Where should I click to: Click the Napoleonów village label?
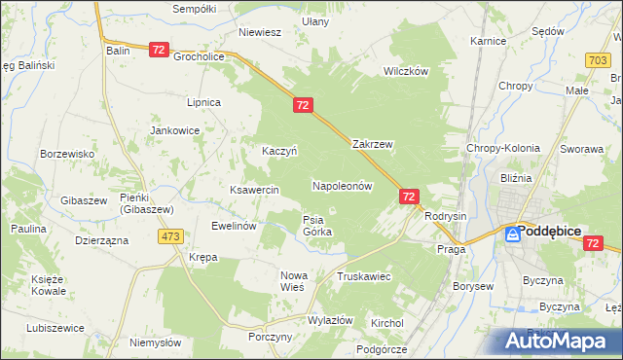coord(343,185)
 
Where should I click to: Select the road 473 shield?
coord(172,235)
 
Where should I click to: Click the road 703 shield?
coord(599,60)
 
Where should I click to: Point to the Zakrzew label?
coord(372,144)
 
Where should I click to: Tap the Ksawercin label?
coord(255,189)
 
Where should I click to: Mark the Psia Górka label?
coord(317,226)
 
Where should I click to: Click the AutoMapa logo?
coord(561,341)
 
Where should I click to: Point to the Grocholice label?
coord(200,56)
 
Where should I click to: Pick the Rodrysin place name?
coord(446,216)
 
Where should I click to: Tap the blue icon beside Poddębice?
coord(511,233)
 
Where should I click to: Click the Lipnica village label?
coord(204,102)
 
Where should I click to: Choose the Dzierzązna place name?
coord(101,239)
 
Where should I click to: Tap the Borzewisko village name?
coord(66,154)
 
